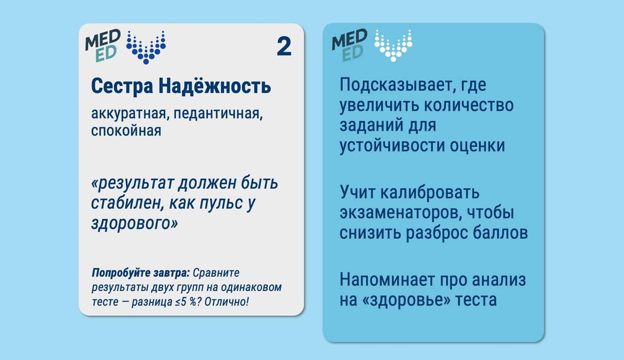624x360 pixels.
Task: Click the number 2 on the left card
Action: pyautogui.click(x=284, y=47)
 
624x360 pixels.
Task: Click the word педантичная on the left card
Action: pyautogui.click(x=218, y=114)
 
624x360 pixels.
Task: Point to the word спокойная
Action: pyautogui.click(x=126, y=131)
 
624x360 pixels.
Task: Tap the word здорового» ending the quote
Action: pyautogui.click(x=134, y=224)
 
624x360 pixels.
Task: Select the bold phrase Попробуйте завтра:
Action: pyautogui.click(x=141, y=273)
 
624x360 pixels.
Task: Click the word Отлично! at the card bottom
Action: pyautogui.click(x=226, y=302)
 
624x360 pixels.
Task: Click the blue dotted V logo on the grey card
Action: pyautogui.click(x=146, y=48)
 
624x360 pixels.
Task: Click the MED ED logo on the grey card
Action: pyautogui.click(x=103, y=45)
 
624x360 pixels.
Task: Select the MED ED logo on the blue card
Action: pyautogui.click(x=350, y=45)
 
